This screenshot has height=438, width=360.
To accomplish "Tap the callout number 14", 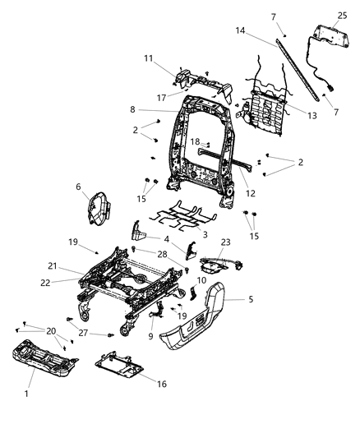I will click(x=242, y=30).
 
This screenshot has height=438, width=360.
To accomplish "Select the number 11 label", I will click(x=150, y=58).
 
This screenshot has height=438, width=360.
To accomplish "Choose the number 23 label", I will click(x=225, y=242).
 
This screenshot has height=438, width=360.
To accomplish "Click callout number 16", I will click(x=160, y=384).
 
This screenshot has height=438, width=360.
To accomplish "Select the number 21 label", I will click(x=51, y=266).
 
